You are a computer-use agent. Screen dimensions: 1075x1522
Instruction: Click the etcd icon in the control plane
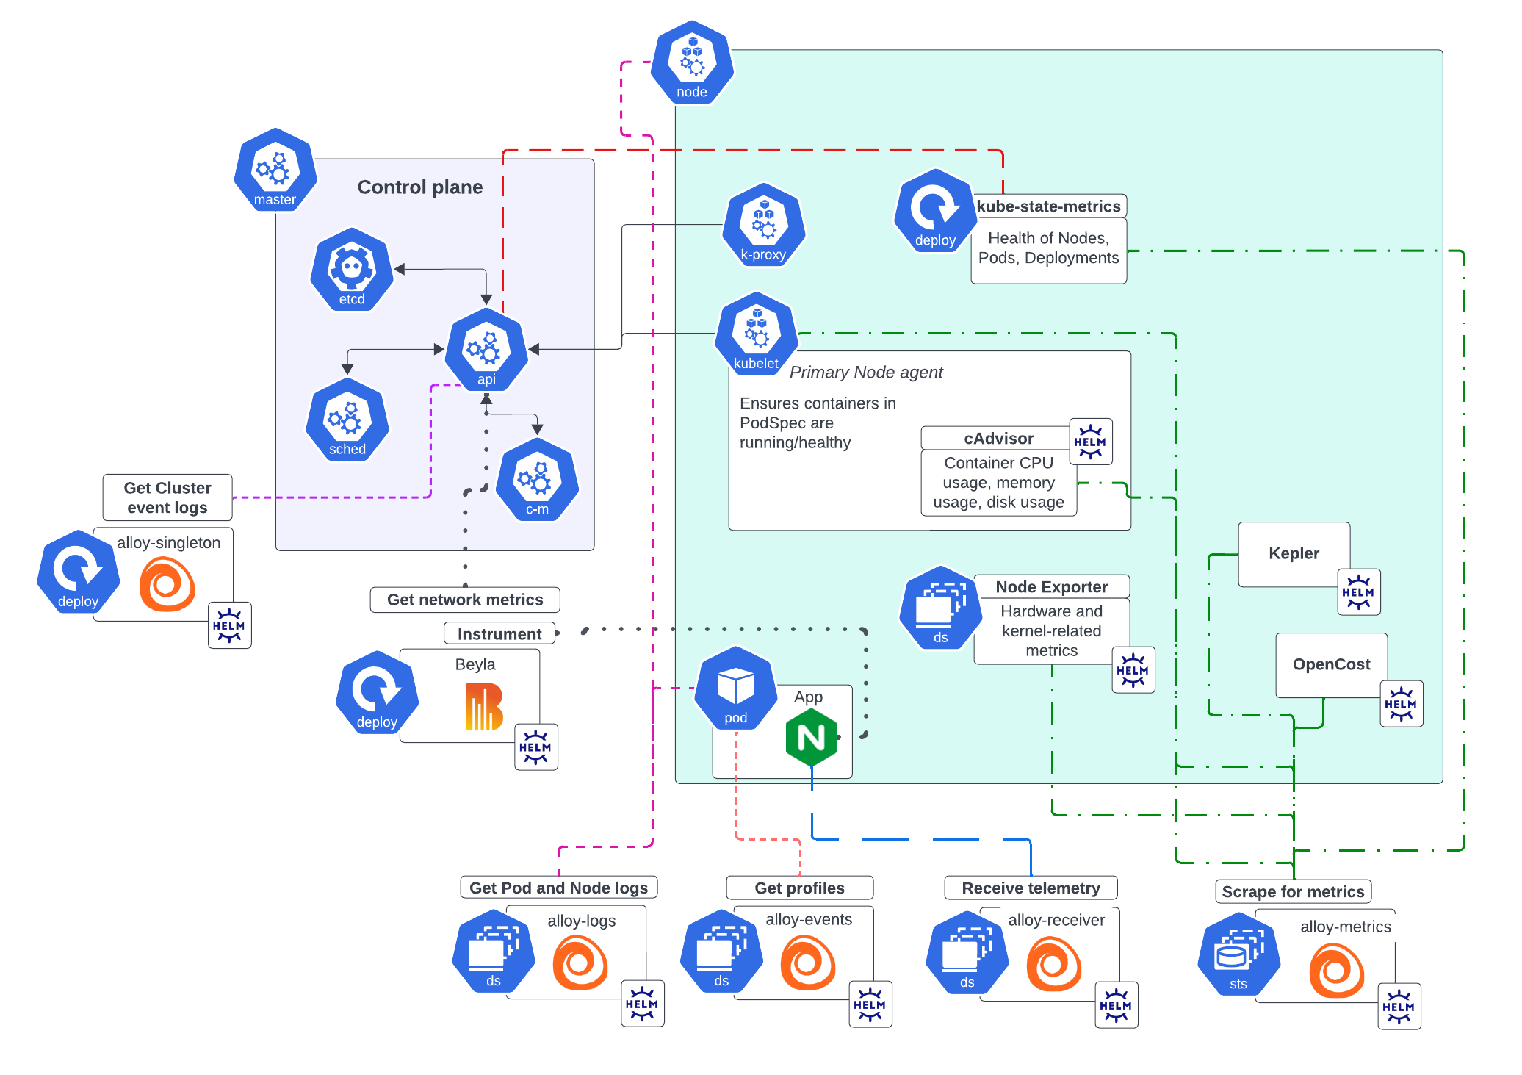[x=352, y=270]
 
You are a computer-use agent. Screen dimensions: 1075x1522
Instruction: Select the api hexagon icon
[x=486, y=350]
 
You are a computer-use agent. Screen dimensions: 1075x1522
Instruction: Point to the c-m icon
[x=537, y=481]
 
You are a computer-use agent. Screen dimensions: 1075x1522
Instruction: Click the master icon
[x=275, y=170]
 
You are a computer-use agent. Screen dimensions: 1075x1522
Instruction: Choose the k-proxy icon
[x=764, y=226]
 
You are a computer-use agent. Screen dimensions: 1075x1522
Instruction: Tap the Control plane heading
[x=420, y=187]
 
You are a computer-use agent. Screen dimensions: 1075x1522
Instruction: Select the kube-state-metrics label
[x=1048, y=206]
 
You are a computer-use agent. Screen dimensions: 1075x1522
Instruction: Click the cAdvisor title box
[x=998, y=439]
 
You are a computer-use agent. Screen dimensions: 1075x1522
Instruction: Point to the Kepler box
[x=1294, y=554]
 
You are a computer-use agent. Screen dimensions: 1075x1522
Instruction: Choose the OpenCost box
[x=1331, y=665]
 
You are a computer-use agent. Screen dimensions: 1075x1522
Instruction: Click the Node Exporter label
[x=1051, y=587]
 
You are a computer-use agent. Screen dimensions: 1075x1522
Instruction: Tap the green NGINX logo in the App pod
[x=811, y=737]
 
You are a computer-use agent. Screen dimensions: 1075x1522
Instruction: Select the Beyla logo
[x=484, y=707]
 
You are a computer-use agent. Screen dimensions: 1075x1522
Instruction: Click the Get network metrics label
[x=465, y=600]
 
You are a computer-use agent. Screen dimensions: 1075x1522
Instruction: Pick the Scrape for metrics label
[x=1293, y=892]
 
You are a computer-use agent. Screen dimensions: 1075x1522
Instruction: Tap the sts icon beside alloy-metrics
[x=1239, y=954]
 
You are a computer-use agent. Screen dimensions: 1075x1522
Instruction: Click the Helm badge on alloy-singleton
[x=229, y=625]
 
